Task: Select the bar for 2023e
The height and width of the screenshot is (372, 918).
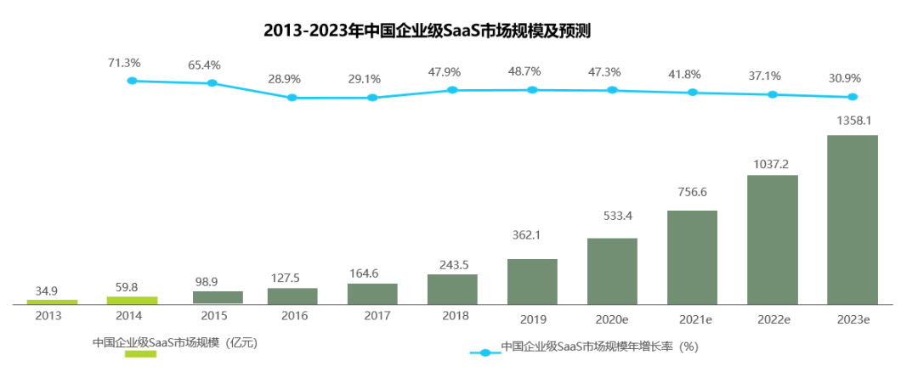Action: click(852, 218)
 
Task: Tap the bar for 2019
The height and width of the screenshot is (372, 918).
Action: click(532, 281)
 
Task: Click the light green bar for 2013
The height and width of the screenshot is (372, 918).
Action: click(52, 301)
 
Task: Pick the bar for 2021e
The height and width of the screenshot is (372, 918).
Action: click(692, 256)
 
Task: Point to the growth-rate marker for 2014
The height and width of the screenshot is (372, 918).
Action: click(132, 81)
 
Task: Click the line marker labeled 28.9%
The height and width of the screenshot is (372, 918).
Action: click(292, 98)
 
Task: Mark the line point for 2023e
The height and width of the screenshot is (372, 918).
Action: click(853, 97)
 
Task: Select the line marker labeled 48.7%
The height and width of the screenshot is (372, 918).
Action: click(532, 89)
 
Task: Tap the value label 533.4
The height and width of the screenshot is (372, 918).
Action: click(612, 216)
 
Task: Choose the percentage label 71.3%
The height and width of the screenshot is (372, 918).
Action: click(124, 62)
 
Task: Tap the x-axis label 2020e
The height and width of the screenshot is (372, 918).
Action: click(612, 319)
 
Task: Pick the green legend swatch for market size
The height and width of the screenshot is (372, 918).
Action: click(140, 353)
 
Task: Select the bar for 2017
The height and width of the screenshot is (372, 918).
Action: click(372, 293)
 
